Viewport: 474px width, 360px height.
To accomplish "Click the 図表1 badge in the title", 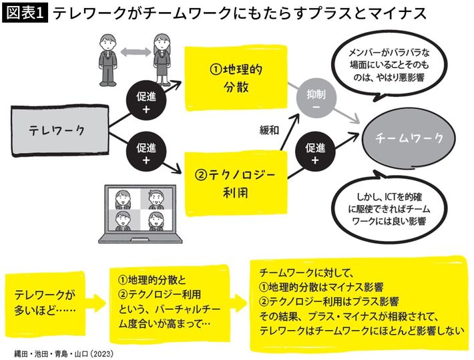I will click(24, 13).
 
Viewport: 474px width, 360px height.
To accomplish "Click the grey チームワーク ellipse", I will click(409, 138).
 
